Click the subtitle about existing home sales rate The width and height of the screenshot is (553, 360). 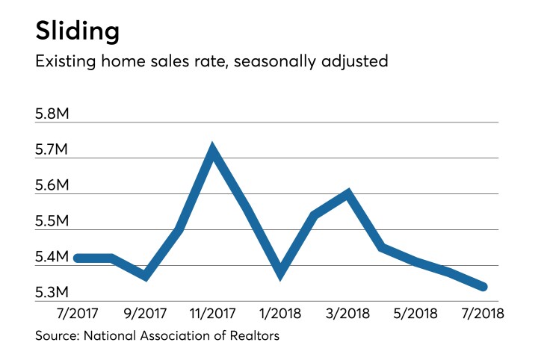(211, 61)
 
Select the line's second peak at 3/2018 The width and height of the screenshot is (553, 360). (347, 194)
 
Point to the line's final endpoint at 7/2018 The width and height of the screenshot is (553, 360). (483, 287)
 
